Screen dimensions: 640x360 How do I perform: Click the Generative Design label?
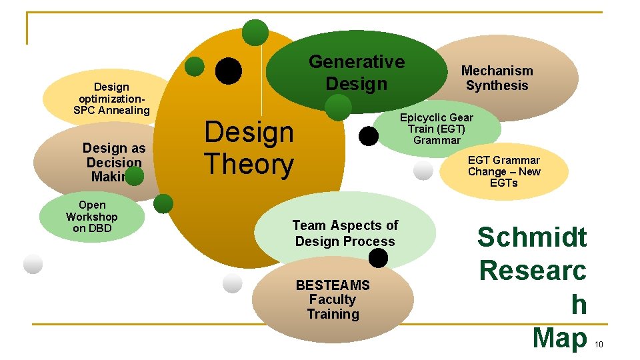[x=356, y=73]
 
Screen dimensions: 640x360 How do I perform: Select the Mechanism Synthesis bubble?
[x=497, y=78]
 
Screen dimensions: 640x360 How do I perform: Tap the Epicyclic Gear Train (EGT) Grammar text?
[x=437, y=129]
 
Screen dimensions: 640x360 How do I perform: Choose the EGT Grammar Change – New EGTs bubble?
[x=504, y=171]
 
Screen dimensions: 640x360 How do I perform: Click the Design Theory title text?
[x=249, y=148]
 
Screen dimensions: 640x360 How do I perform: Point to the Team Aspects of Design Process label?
[x=345, y=233]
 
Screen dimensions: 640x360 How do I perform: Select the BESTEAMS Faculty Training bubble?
[x=333, y=299]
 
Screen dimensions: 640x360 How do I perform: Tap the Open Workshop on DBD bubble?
[x=92, y=217]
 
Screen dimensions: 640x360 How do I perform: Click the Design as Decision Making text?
[x=113, y=162]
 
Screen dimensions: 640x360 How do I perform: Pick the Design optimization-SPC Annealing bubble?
[x=111, y=99]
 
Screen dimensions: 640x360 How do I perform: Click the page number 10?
[x=598, y=345]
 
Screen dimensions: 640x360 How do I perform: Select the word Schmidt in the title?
[x=532, y=237]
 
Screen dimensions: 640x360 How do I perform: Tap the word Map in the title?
[x=559, y=338]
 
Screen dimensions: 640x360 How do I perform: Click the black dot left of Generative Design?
[x=228, y=71]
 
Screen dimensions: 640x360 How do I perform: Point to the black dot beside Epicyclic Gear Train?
[x=368, y=136]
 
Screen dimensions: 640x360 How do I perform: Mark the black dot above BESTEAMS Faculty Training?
[x=378, y=258]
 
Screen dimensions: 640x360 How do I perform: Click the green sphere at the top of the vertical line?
[x=255, y=32]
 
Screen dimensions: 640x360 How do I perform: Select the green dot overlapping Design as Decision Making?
[x=134, y=176]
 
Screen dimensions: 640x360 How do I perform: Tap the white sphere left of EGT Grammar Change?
[x=423, y=171]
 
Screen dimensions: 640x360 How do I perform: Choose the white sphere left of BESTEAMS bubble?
[x=232, y=283]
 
